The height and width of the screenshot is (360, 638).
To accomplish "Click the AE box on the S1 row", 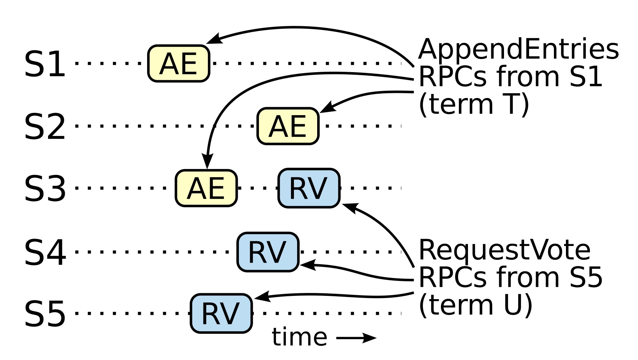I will [179, 63].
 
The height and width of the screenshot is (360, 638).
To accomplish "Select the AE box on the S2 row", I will [288, 126].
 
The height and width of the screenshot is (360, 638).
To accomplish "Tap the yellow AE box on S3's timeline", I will [206, 188].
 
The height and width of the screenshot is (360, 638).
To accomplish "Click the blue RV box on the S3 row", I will [309, 188].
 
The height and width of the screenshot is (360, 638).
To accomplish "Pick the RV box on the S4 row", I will [268, 252].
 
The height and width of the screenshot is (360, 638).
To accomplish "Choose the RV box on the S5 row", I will [221, 313].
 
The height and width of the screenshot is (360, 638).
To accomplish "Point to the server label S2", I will [45, 127].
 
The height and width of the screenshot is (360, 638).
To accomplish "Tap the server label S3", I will [45, 189].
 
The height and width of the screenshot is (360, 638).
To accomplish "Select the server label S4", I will [45, 252].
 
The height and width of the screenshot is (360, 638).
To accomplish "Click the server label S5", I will [45, 314].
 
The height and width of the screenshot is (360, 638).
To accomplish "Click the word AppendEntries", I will [518, 50].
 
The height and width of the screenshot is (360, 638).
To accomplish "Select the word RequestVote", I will [504, 250].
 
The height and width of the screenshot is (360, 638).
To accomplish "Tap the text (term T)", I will [474, 105].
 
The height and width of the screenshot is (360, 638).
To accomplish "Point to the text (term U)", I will [476, 305].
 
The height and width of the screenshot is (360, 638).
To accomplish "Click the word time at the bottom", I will [299, 337].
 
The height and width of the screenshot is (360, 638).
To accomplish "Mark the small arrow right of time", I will [356, 338].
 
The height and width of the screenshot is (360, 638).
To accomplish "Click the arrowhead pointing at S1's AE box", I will [214, 39].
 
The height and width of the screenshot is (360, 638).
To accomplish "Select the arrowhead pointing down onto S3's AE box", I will [207, 161].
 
